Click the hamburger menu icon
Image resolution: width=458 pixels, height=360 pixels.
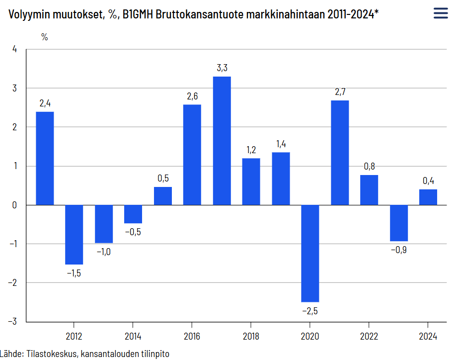(441, 13)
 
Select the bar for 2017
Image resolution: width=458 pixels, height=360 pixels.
(222, 141)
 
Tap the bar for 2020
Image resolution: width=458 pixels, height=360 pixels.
(310, 253)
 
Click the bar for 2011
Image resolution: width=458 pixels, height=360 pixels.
(45, 158)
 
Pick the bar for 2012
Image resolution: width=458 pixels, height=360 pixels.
(74, 234)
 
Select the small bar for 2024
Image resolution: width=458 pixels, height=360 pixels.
(428, 197)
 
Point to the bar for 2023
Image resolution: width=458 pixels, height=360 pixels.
(398, 223)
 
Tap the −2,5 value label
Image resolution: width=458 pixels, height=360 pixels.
(309, 311)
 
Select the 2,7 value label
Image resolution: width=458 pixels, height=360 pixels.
(340, 92)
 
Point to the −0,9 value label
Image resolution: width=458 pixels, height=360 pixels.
(398, 250)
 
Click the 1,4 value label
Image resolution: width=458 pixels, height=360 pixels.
(281, 144)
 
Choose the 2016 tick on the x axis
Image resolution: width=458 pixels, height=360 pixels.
(192, 336)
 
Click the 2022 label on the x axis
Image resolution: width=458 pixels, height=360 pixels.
(369, 336)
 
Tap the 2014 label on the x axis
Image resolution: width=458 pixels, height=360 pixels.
(133, 336)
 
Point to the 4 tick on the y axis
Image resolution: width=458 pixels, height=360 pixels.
(14, 49)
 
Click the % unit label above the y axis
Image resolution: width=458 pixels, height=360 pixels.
(44, 37)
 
